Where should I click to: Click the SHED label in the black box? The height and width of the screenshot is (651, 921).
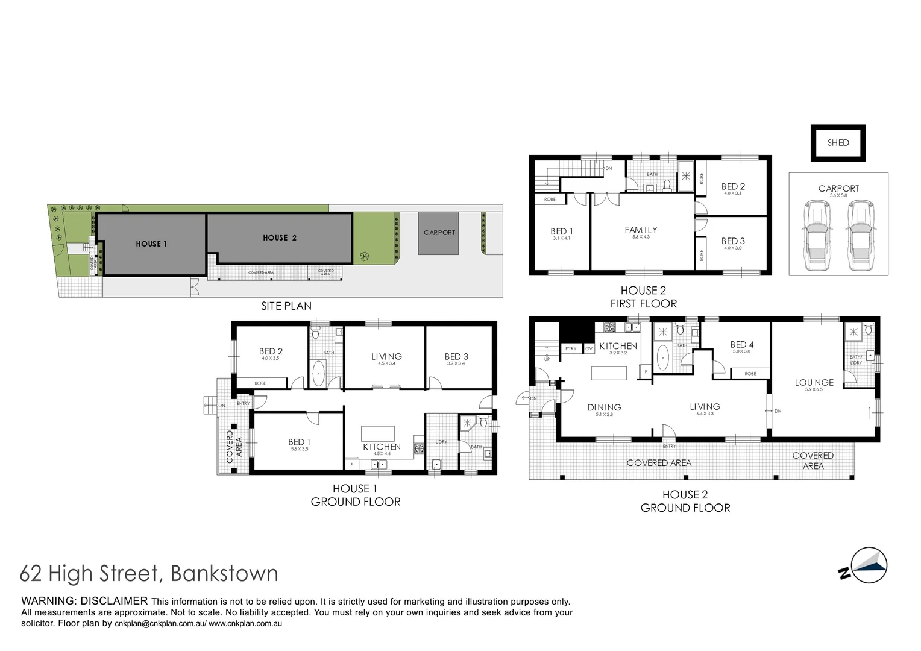pos(838,143)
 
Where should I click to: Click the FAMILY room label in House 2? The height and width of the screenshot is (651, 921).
pos(641,230)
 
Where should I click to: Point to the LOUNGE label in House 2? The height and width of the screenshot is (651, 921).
pos(814,383)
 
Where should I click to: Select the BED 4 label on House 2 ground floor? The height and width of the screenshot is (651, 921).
pos(741,345)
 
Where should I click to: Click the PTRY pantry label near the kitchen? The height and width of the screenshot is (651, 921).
pos(571,349)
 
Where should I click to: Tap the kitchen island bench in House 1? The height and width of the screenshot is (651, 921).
pos(378,434)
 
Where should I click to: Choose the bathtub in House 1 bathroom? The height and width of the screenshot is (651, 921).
pos(318,373)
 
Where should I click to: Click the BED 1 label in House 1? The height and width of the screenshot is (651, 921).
pos(299,442)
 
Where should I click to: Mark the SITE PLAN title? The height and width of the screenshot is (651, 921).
pos(286,306)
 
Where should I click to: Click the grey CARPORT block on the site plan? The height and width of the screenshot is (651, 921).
pos(439,233)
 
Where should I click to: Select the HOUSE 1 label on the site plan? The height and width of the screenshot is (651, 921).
pos(151,244)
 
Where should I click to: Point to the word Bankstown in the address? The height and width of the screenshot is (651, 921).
pos(225,573)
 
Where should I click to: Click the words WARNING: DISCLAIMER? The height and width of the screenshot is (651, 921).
pos(84,601)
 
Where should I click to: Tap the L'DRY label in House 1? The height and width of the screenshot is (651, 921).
pos(441,442)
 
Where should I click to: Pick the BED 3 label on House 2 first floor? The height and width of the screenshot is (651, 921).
pos(733,241)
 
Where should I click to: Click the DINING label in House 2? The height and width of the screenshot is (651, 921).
pos(604,407)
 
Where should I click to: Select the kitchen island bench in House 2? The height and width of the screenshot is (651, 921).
pos(609,373)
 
